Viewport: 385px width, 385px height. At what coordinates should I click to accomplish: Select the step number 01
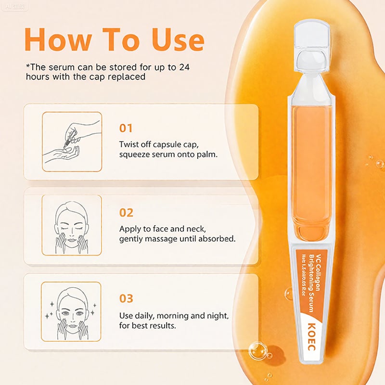126,128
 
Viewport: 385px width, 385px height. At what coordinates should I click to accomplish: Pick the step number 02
126,212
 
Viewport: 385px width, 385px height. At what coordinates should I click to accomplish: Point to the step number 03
126,299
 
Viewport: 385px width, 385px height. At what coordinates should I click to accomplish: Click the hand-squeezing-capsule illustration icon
72,141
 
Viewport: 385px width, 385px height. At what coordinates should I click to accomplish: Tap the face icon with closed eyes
72,225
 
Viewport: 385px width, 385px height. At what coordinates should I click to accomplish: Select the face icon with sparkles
72,311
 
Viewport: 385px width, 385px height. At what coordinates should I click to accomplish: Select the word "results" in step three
160,325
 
